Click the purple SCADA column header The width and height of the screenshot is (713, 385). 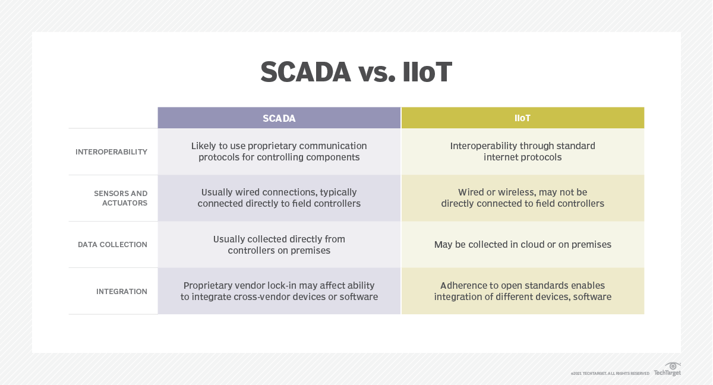pyautogui.click(x=279, y=118)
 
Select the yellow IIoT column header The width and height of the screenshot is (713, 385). pyautogui.click(x=522, y=118)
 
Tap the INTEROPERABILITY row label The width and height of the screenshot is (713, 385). pyautogui.click(x=111, y=152)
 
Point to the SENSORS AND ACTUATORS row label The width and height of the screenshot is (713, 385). pyautogui.click(x=121, y=198)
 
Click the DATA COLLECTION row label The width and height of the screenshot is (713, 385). pyautogui.click(x=112, y=245)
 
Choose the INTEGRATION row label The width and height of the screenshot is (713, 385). pyautogui.click(x=121, y=292)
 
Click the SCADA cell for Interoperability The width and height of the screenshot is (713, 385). pyautogui.click(x=279, y=152)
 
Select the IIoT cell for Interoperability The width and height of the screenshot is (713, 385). pyautogui.click(x=522, y=152)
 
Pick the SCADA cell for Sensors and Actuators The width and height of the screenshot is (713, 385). pyautogui.click(x=279, y=198)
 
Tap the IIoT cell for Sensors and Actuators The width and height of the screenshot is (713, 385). pyautogui.click(x=522, y=198)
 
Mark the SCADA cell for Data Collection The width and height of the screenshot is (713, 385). pyautogui.click(x=279, y=244)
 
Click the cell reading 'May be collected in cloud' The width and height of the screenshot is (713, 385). pyautogui.click(x=522, y=244)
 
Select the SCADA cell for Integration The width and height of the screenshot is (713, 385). pyautogui.click(x=279, y=291)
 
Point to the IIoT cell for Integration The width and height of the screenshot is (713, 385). pyautogui.click(x=522, y=291)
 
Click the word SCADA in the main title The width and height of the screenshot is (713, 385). pyautogui.click(x=306, y=72)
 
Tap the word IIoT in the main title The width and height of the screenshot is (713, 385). pyautogui.click(x=427, y=72)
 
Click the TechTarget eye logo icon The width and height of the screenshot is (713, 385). pyautogui.click(x=673, y=366)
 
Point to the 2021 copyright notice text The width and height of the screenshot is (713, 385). pyautogui.click(x=610, y=373)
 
